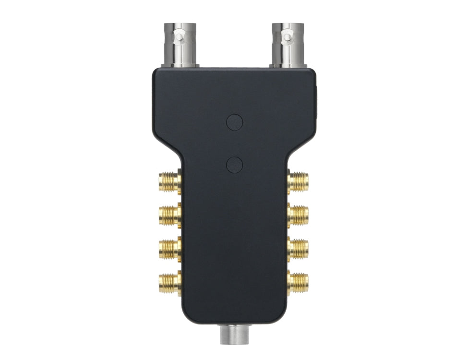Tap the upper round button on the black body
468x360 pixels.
click(234, 122)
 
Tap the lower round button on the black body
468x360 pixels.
click(234, 165)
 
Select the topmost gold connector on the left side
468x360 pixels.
click(169, 182)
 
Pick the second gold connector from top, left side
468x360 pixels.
click(169, 215)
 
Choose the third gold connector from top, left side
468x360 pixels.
click(169, 247)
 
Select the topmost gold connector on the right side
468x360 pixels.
click(298, 182)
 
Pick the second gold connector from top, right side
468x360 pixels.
click(298, 215)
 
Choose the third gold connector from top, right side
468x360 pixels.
click(298, 247)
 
